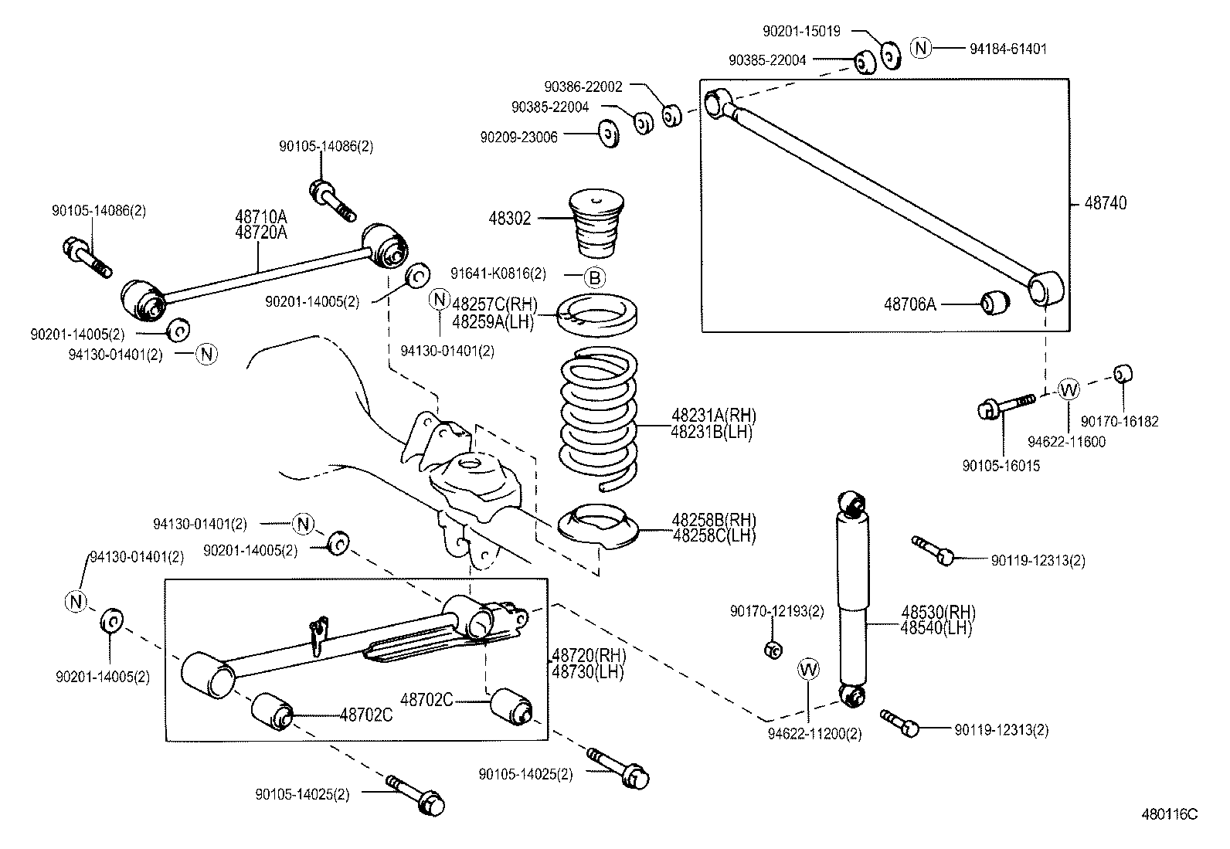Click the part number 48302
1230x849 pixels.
509,219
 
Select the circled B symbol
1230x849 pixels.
594,277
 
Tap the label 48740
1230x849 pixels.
1106,203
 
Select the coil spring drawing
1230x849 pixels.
599,417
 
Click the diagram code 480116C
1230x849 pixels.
1170,814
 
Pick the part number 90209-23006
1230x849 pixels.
518,137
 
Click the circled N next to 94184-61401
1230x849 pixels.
920,47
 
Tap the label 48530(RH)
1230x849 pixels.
938,613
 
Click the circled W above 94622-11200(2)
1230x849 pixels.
808,669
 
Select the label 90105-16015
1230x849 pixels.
1001,466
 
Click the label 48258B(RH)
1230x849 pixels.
713,520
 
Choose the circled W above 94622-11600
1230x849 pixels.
1069,389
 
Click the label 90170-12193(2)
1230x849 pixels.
776,611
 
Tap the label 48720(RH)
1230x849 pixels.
588,656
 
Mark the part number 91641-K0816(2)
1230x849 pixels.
498,273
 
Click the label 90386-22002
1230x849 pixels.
583,87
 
